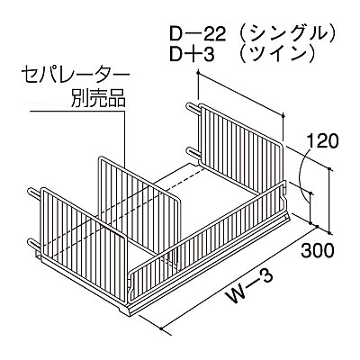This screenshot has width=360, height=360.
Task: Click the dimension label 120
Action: (x=323, y=140)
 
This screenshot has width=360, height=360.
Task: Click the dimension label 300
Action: (x=317, y=251)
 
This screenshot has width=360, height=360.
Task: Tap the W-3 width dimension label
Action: (x=249, y=286)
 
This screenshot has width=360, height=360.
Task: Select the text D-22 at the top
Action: (x=198, y=36)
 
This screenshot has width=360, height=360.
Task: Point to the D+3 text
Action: (x=192, y=54)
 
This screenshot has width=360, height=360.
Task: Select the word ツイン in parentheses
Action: (x=277, y=54)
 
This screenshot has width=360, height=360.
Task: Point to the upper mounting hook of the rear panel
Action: (x=193, y=106)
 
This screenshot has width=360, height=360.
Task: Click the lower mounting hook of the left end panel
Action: (x=35, y=242)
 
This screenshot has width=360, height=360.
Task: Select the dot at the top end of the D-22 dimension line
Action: (x=198, y=72)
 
